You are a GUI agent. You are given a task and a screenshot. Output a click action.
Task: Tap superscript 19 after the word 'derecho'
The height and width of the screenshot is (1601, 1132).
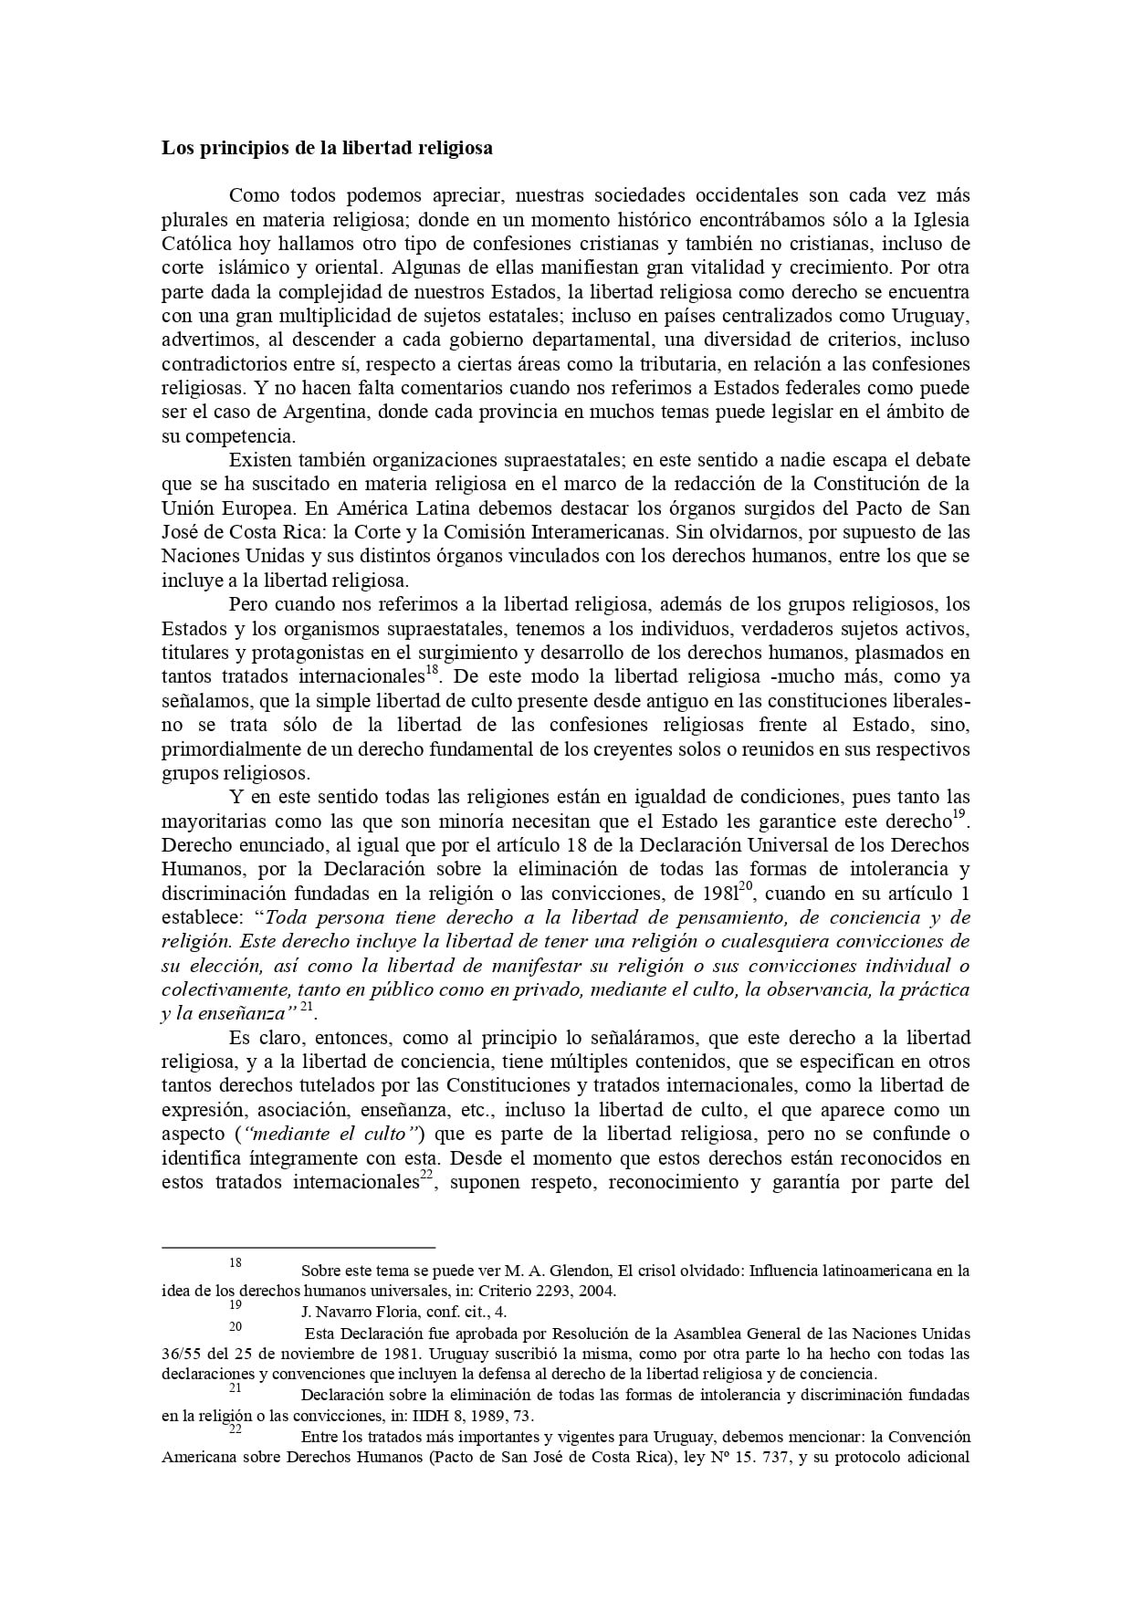click(x=959, y=813)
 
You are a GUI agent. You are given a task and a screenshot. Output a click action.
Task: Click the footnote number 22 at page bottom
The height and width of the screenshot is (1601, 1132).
click(x=236, y=1429)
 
